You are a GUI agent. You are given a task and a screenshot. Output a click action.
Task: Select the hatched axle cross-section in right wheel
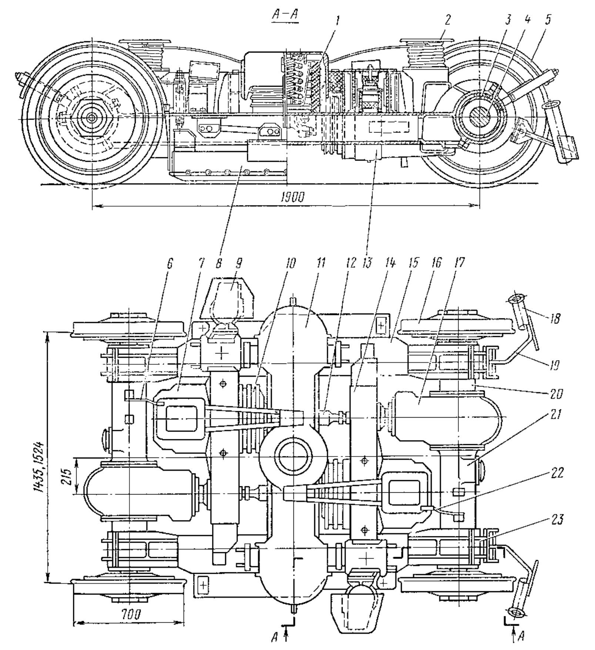click(480, 116)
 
